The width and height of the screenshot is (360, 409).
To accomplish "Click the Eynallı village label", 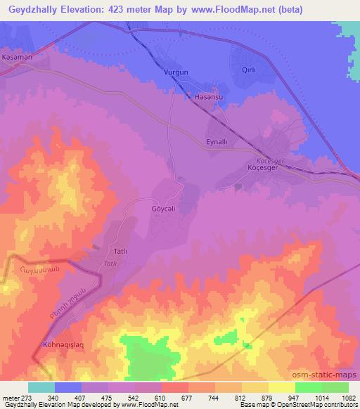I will pyautogui.click(x=218, y=142).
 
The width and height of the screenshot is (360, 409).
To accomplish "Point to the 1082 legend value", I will pyautogui.click(x=348, y=398).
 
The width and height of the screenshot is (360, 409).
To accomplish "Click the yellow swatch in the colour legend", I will pyautogui.click(x=282, y=387).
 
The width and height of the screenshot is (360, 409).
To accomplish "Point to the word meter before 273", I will pyautogui.click(x=10, y=398).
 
